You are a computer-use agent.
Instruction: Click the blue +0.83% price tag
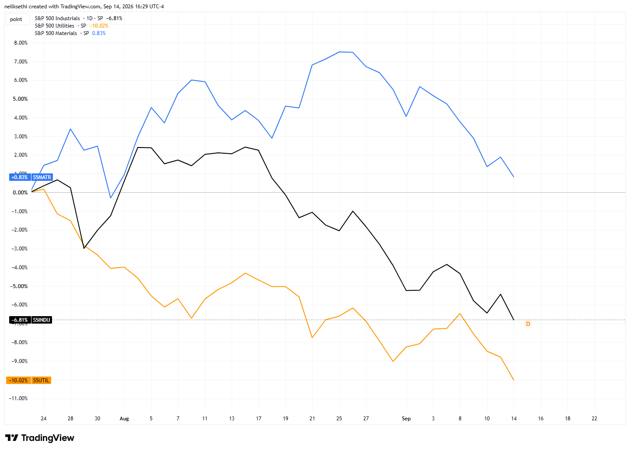(20, 177)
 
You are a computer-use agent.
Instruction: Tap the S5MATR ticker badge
(42, 177)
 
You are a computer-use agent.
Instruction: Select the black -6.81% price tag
(20, 320)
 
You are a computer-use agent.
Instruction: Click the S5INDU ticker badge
(42, 320)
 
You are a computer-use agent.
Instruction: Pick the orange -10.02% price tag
(18, 381)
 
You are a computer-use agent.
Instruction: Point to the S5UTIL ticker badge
(41, 381)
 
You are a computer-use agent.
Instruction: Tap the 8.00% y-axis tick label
(21, 43)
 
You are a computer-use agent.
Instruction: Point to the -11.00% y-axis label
(18, 398)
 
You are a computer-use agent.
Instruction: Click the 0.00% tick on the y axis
(20, 193)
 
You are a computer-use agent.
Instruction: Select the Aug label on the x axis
(124, 419)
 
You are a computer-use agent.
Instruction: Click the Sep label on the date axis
(406, 419)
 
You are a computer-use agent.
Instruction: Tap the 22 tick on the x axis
(594, 419)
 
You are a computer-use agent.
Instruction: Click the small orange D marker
(528, 324)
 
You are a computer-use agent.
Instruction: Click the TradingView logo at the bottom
(40, 438)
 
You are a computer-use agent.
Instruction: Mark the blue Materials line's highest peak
(339, 52)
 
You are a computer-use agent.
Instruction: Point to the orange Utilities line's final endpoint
(514, 381)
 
